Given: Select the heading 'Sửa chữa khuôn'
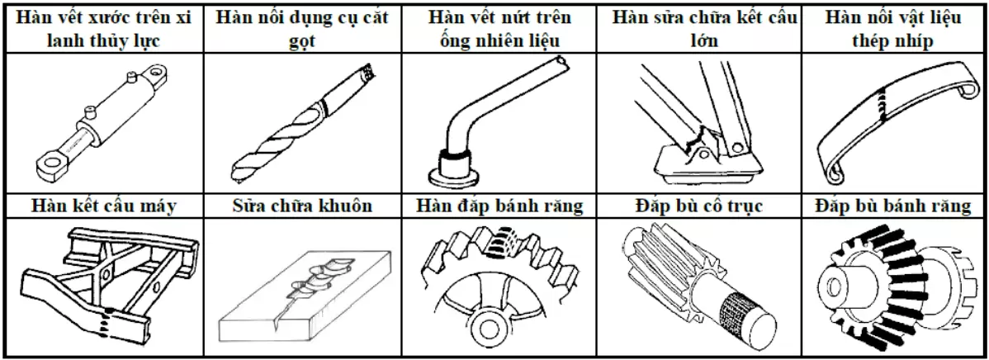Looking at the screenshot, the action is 300,206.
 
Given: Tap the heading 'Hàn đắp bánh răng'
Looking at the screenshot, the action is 499,206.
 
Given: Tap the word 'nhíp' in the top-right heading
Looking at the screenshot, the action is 915,41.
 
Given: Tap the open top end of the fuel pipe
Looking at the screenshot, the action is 561,63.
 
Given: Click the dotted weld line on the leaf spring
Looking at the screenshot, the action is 889,103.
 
